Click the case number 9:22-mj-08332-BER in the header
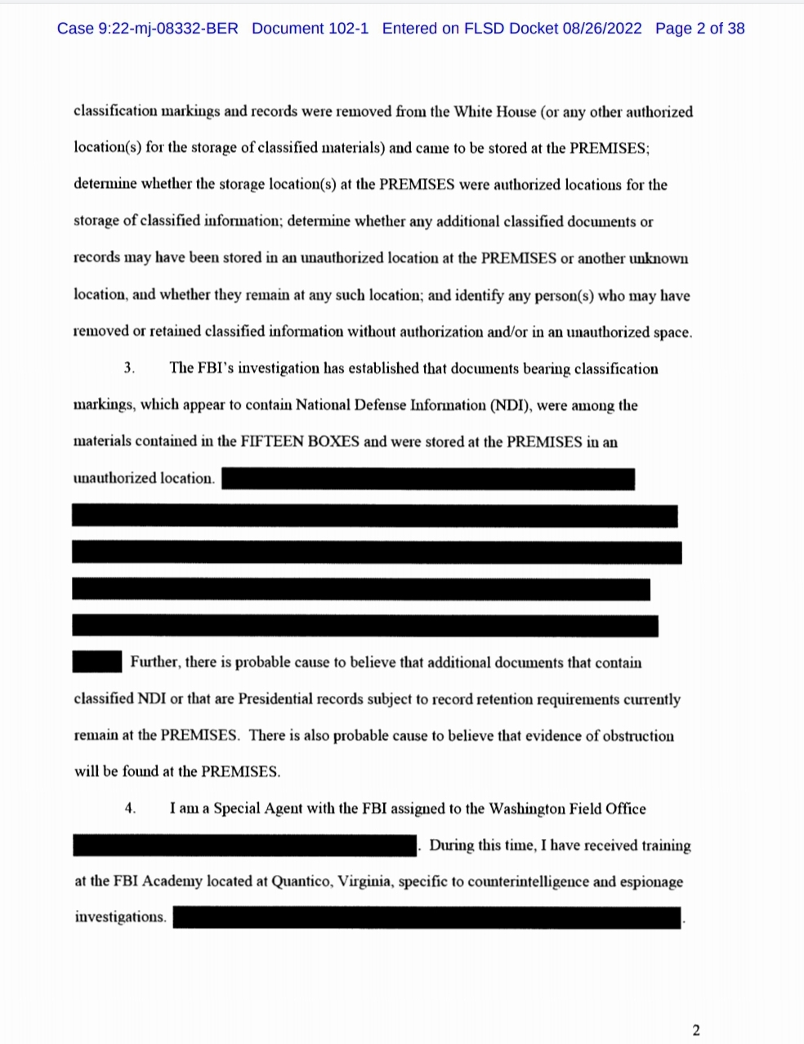(x=167, y=29)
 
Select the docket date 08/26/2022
(x=601, y=29)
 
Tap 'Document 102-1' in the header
(x=310, y=29)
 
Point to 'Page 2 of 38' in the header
(x=699, y=29)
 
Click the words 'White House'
(x=494, y=112)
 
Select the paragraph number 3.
(x=128, y=368)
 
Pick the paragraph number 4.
(x=129, y=809)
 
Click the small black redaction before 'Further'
(x=97, y=662)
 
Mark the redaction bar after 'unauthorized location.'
(x=427, y=479)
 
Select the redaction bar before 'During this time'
(x=245, y=845)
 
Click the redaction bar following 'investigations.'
(x=427, y=918)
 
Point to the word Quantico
(x=301, y=882)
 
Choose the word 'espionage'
(x=651, y=882)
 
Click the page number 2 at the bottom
(x=696, y=1030)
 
